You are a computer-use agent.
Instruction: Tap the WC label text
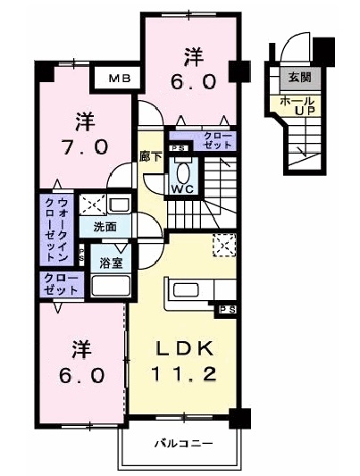coord(182,190)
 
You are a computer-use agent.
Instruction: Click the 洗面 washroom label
coord(105,227)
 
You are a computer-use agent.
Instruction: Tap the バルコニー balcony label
coord(181,442)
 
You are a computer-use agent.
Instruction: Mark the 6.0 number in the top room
coord(194,82)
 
